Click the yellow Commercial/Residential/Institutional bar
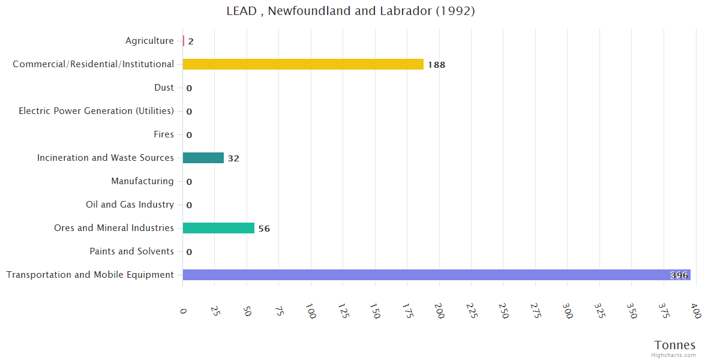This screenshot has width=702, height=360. click(303, 64)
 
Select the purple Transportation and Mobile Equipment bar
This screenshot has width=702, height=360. click(436, 275)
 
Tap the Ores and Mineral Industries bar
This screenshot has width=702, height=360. click(218, 228)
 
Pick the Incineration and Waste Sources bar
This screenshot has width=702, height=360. click(203, 158)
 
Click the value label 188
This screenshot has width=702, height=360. click(436, 65)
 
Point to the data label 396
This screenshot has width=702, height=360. click(679, 275)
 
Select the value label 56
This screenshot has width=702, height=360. click(264, 229)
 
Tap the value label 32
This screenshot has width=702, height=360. click(233, 158)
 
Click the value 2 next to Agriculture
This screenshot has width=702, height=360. click(191, 41)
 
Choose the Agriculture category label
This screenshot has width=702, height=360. click(149, 41)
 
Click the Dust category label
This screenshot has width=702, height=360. click(164, 88)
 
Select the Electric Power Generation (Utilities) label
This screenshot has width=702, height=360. click(96, 111)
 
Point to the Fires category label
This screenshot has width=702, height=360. click(163, 134)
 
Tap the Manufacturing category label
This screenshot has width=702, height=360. click(142, 181)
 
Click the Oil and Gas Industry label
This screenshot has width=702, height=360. click(130, 205)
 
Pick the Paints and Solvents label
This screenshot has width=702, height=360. click(131, 251)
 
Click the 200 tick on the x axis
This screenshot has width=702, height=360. click(439, 311)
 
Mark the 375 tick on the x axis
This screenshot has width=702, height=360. click(664, 311)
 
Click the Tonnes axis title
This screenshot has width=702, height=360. click(674, 345)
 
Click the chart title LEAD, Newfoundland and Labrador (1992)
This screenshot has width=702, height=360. click(350, 11)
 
